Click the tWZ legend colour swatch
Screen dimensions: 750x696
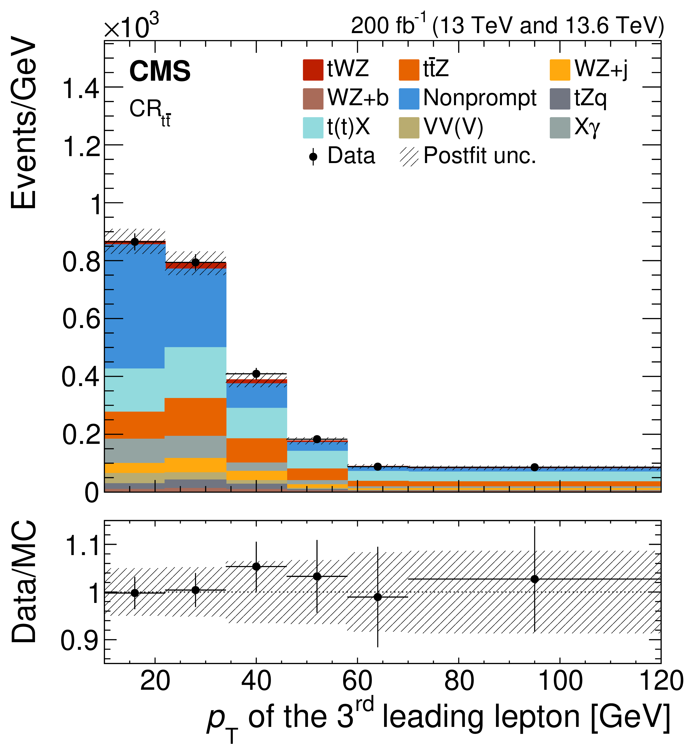point(313,70)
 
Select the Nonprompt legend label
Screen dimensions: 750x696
point(480,99)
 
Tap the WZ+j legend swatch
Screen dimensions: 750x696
point(560,70)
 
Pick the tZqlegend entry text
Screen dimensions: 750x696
point(590,99)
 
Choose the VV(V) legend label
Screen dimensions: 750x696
point(453,127)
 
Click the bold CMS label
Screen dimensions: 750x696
point(160,71)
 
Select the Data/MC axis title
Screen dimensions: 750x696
point(23,582)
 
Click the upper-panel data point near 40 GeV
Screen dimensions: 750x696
point(256,374)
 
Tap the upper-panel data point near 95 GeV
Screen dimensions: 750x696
point(534,467)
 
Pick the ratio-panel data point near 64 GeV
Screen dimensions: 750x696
point(378,597)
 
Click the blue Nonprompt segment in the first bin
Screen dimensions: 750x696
point(135,305)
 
